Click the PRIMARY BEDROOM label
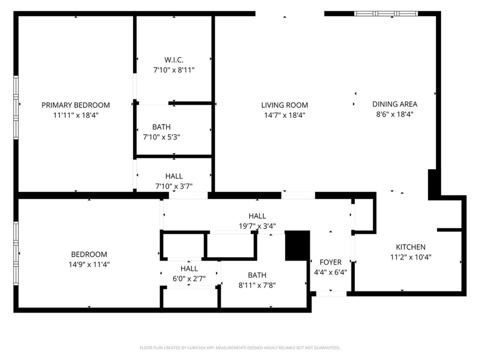[x=75, y=105]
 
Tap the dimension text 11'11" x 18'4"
[x=75, y=115]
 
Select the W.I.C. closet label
[x=174, y=59]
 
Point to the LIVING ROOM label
[x=285, y=105]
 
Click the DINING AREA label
[x=395, y=104]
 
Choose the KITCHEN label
[x=410, y=247]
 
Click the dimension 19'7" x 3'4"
[x=257, y=226]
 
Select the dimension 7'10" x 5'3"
[x=162, y=137]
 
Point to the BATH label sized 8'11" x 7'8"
[x=257, y=275]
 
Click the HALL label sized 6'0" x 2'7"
[x=189, y=269]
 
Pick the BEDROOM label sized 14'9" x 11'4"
[x=89, y=254]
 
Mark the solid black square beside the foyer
[x=297, y=245]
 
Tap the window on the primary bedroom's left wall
[x=17, y=104]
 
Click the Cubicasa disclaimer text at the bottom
[x=240, y=347]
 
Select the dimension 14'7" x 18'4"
[x=285, y=115]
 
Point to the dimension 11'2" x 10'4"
[x=410, y=257]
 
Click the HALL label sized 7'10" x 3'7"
[x=174, y=177]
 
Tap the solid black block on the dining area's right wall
[x=434, y=183]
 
